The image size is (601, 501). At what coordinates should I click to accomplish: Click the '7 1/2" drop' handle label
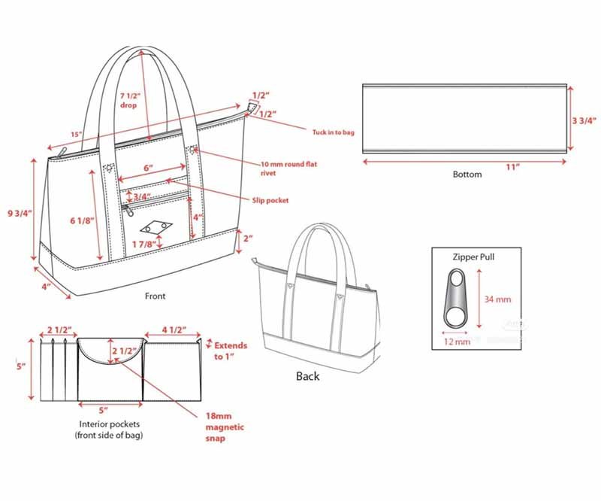click(130, 100)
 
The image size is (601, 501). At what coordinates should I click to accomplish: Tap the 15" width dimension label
click(77, 134)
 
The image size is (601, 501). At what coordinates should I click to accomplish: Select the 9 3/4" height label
click(20, 213)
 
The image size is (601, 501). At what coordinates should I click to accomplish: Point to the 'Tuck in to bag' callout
click(333, 132)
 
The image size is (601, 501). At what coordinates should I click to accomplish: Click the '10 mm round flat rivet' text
click(289, 169)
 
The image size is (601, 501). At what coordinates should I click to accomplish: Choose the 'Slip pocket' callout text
click(270, 200)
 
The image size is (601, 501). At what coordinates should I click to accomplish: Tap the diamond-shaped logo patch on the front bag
click(157, 227)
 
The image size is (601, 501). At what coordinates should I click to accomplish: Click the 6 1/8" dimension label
click(82, 220)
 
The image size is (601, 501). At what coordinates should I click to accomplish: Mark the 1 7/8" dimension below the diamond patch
click(144, 244)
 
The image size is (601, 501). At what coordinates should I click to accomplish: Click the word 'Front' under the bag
click(156, 296)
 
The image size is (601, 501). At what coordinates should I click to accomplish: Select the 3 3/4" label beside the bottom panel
click(584, 120)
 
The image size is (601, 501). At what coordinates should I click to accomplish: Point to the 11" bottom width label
click(512, 167)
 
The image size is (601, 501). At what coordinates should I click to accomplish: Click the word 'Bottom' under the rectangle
click(467, 175)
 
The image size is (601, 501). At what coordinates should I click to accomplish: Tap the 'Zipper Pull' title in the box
click(473, 257)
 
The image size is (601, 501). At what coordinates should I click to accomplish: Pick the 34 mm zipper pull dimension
click(497, 299)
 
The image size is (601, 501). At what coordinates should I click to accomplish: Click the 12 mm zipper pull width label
click(457, 342)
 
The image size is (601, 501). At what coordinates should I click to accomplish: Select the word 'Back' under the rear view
click(308, 376)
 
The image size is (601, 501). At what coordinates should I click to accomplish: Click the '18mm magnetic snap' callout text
click(225, 427)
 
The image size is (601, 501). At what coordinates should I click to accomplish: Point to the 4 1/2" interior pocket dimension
click(174, 329)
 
